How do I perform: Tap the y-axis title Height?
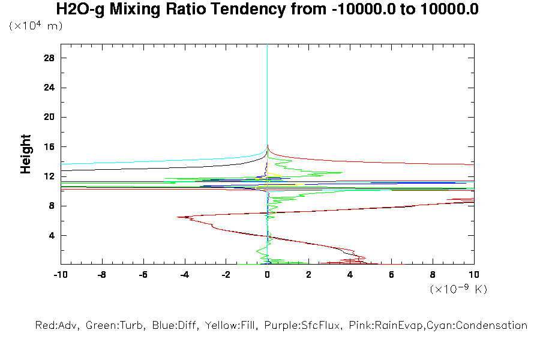[x=26, y=154]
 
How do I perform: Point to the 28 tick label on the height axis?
[x=49, y=58]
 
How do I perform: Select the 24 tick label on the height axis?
[x=49, y=88]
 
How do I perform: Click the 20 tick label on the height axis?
[x=49, y=117]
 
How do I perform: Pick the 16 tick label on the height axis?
[x=49, y=147]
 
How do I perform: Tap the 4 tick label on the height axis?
[x=52, y=235]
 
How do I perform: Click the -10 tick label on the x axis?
[x=60, y=275]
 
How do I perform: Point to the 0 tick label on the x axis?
[x=267, y=275]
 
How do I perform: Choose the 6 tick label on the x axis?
[x=391, y=275]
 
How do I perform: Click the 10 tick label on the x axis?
[x=474, y=275]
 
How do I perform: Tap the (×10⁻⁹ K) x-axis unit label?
[x=458, y=289]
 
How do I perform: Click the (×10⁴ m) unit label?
[x=35, y=26]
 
